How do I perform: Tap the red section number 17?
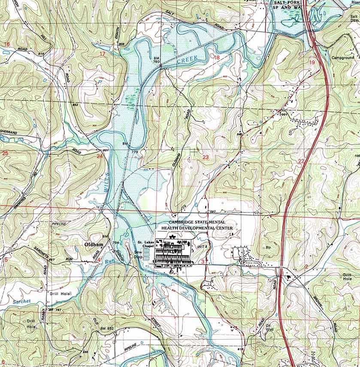click(102, 54)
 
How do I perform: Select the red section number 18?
click(216, 57)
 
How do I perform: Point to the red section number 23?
click(206, 157)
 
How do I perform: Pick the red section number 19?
click(312, 62)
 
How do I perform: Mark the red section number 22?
click(301, 161)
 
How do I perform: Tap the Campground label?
click(343, 57)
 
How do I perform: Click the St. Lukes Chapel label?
click(145, 245)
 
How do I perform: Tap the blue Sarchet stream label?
click(21, 301)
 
